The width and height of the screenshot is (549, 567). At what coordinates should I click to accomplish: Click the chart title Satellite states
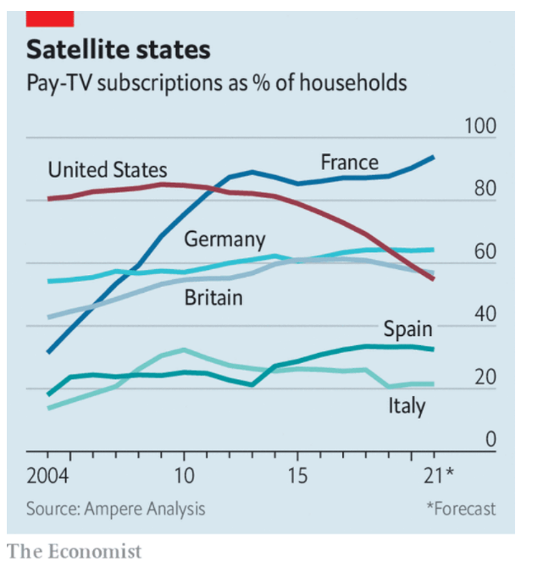(118, 49)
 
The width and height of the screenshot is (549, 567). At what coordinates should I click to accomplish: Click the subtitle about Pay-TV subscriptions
(216, 83)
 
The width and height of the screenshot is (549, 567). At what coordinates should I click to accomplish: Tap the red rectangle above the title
(50, 18)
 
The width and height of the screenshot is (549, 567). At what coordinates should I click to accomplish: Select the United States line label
(107, 170)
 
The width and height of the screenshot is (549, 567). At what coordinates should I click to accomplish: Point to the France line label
(349, 162)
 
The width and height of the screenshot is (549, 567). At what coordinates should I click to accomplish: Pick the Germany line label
(225, 239)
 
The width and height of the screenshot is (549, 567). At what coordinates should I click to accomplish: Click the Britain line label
(213, 297)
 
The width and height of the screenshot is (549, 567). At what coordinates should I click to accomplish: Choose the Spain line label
(408, 328)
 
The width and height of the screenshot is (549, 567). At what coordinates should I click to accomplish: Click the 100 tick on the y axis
(480, 126)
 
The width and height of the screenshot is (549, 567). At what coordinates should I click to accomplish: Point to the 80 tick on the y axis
(484, 189)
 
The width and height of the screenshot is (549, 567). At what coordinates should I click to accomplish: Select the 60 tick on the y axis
(484, 252)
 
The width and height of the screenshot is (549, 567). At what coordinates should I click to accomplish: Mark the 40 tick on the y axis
(484, 315)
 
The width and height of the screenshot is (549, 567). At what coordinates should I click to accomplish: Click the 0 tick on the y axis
(489, 440)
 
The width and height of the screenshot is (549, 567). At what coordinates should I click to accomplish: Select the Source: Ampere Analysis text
(115, 509)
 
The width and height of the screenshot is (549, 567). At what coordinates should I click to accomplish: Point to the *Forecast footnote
(461, 509)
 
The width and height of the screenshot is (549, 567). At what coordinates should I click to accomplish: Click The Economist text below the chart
(75, 552)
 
